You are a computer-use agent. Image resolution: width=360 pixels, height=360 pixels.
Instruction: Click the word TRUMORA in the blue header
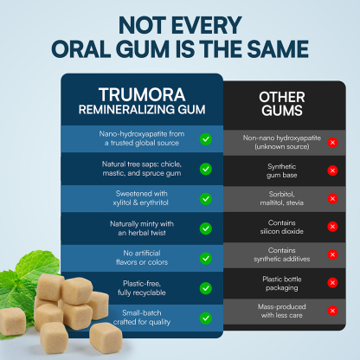[142, 93]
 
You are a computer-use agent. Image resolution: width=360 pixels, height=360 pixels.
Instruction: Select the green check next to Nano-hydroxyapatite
[206, 138]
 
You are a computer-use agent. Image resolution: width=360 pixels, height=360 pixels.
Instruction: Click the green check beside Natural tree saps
[206, 169]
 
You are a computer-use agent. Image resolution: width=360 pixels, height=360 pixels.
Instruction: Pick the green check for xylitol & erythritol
[206, 198]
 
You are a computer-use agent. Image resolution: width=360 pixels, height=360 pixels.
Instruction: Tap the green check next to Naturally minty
[206, 228]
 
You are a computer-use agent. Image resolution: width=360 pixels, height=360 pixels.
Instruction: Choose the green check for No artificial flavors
[206, 258]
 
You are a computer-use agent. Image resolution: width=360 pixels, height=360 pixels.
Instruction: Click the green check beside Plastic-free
[206, 287]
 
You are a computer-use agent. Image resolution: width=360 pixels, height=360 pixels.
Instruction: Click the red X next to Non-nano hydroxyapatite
[332, 142]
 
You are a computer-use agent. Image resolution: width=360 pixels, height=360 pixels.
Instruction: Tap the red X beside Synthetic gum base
[332, 170]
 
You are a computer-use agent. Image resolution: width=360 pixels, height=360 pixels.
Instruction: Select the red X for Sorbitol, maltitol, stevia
[332, 198]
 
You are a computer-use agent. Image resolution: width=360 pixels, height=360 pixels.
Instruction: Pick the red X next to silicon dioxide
[332, 227]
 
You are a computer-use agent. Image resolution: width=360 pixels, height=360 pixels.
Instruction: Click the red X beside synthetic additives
[332, 254]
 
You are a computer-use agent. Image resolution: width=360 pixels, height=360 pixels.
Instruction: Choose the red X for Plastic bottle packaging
[332, 283]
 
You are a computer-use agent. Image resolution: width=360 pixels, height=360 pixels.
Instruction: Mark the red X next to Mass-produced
[332, 311]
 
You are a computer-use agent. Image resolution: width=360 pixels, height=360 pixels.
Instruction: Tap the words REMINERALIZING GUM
[142, 110]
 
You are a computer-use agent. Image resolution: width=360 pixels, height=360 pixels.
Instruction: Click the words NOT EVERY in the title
[180, 23]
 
